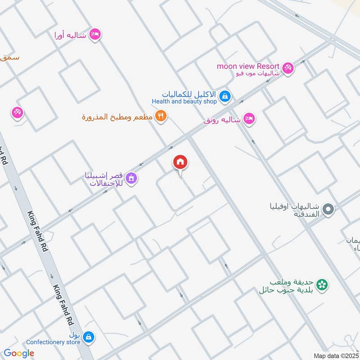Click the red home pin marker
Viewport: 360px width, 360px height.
click(x=180, y=162)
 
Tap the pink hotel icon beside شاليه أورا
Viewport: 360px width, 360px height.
click(x=94, y=34)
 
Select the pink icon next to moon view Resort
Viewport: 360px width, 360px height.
click(x=288, y=68)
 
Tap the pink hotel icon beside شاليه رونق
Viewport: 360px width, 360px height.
click(x=248, y=119)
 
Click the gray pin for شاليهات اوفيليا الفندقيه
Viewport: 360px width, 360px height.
click(x=328, y=209)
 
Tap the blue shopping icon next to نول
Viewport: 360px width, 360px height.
click(x=89, y=336)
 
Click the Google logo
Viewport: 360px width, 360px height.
click(x=18, y=354)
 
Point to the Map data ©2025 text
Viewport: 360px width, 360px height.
click(x=336, y=355)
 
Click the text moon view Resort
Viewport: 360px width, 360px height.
click(x=248, y=66)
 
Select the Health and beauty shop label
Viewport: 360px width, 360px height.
click(x=184, y=102)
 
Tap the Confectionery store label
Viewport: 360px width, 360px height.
click(x=53, y=342)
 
